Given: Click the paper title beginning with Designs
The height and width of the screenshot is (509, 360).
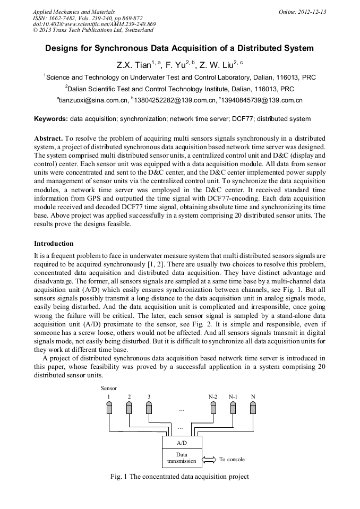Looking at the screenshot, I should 179,48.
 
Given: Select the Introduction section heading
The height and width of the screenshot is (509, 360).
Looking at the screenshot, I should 54,244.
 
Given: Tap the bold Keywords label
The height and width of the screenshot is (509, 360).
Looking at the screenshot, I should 51,119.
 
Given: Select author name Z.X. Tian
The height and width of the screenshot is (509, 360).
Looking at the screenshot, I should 133,65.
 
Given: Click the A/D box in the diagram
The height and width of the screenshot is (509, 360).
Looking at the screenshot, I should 181,442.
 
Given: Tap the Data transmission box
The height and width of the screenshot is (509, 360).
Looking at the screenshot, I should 181,458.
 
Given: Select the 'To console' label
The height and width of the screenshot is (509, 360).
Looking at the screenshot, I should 232,459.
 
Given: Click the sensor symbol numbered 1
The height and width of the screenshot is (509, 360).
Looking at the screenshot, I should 109,408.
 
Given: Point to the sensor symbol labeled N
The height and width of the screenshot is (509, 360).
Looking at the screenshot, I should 253,408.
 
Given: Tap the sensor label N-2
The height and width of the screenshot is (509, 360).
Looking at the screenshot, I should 213,397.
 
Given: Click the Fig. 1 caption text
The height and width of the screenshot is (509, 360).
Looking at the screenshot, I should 179,477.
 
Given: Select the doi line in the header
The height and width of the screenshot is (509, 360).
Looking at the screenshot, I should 94,24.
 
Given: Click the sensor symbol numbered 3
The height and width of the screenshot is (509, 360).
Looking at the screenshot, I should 149,408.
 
